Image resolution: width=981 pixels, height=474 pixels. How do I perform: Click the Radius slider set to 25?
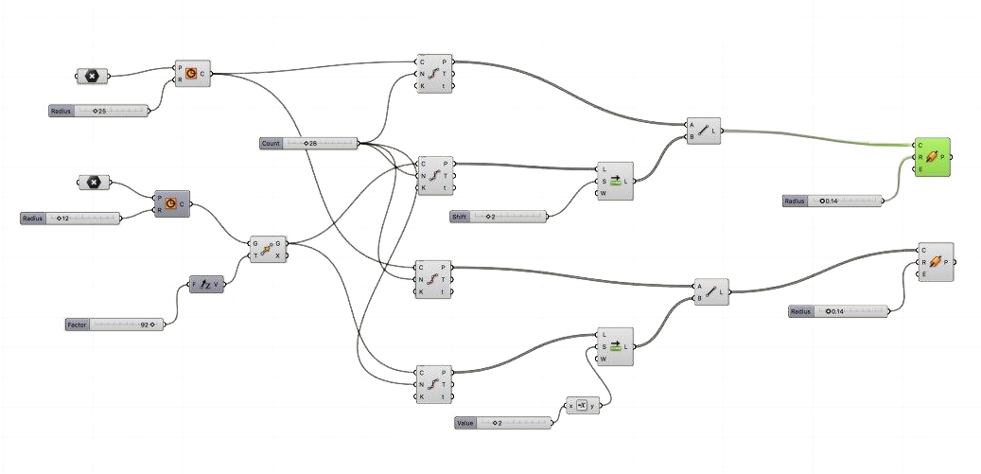point(98,111)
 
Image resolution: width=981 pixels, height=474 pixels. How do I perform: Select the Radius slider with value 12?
point(71,219)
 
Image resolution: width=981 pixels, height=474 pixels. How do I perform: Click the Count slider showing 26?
point(308,143)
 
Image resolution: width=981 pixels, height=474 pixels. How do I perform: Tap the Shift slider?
point(498,217)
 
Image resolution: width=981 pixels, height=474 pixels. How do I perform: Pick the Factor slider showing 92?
point(114,325)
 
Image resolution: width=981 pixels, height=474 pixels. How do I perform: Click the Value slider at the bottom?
point(502,422)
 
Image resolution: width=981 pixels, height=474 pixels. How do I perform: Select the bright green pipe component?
point(933,157)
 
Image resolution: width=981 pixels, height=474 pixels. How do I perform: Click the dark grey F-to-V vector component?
point(206,284)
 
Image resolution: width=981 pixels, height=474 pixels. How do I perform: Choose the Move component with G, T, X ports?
point(267,250)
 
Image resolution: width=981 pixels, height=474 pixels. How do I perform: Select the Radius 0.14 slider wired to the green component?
point(832,201)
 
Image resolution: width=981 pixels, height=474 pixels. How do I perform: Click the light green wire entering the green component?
point(814,138)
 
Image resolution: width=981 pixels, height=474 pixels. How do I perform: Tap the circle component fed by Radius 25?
point(192,73)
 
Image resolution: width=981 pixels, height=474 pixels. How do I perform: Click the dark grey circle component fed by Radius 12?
point(171,203)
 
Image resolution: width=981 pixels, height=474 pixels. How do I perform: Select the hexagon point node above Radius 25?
point(92,76)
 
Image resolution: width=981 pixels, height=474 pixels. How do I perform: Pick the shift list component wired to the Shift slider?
point(616,181)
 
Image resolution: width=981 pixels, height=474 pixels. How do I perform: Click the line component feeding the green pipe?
point(704,131)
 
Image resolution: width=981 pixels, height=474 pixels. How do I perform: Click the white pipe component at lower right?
point(935,262)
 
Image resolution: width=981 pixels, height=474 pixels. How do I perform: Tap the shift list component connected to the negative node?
point(616,346)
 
